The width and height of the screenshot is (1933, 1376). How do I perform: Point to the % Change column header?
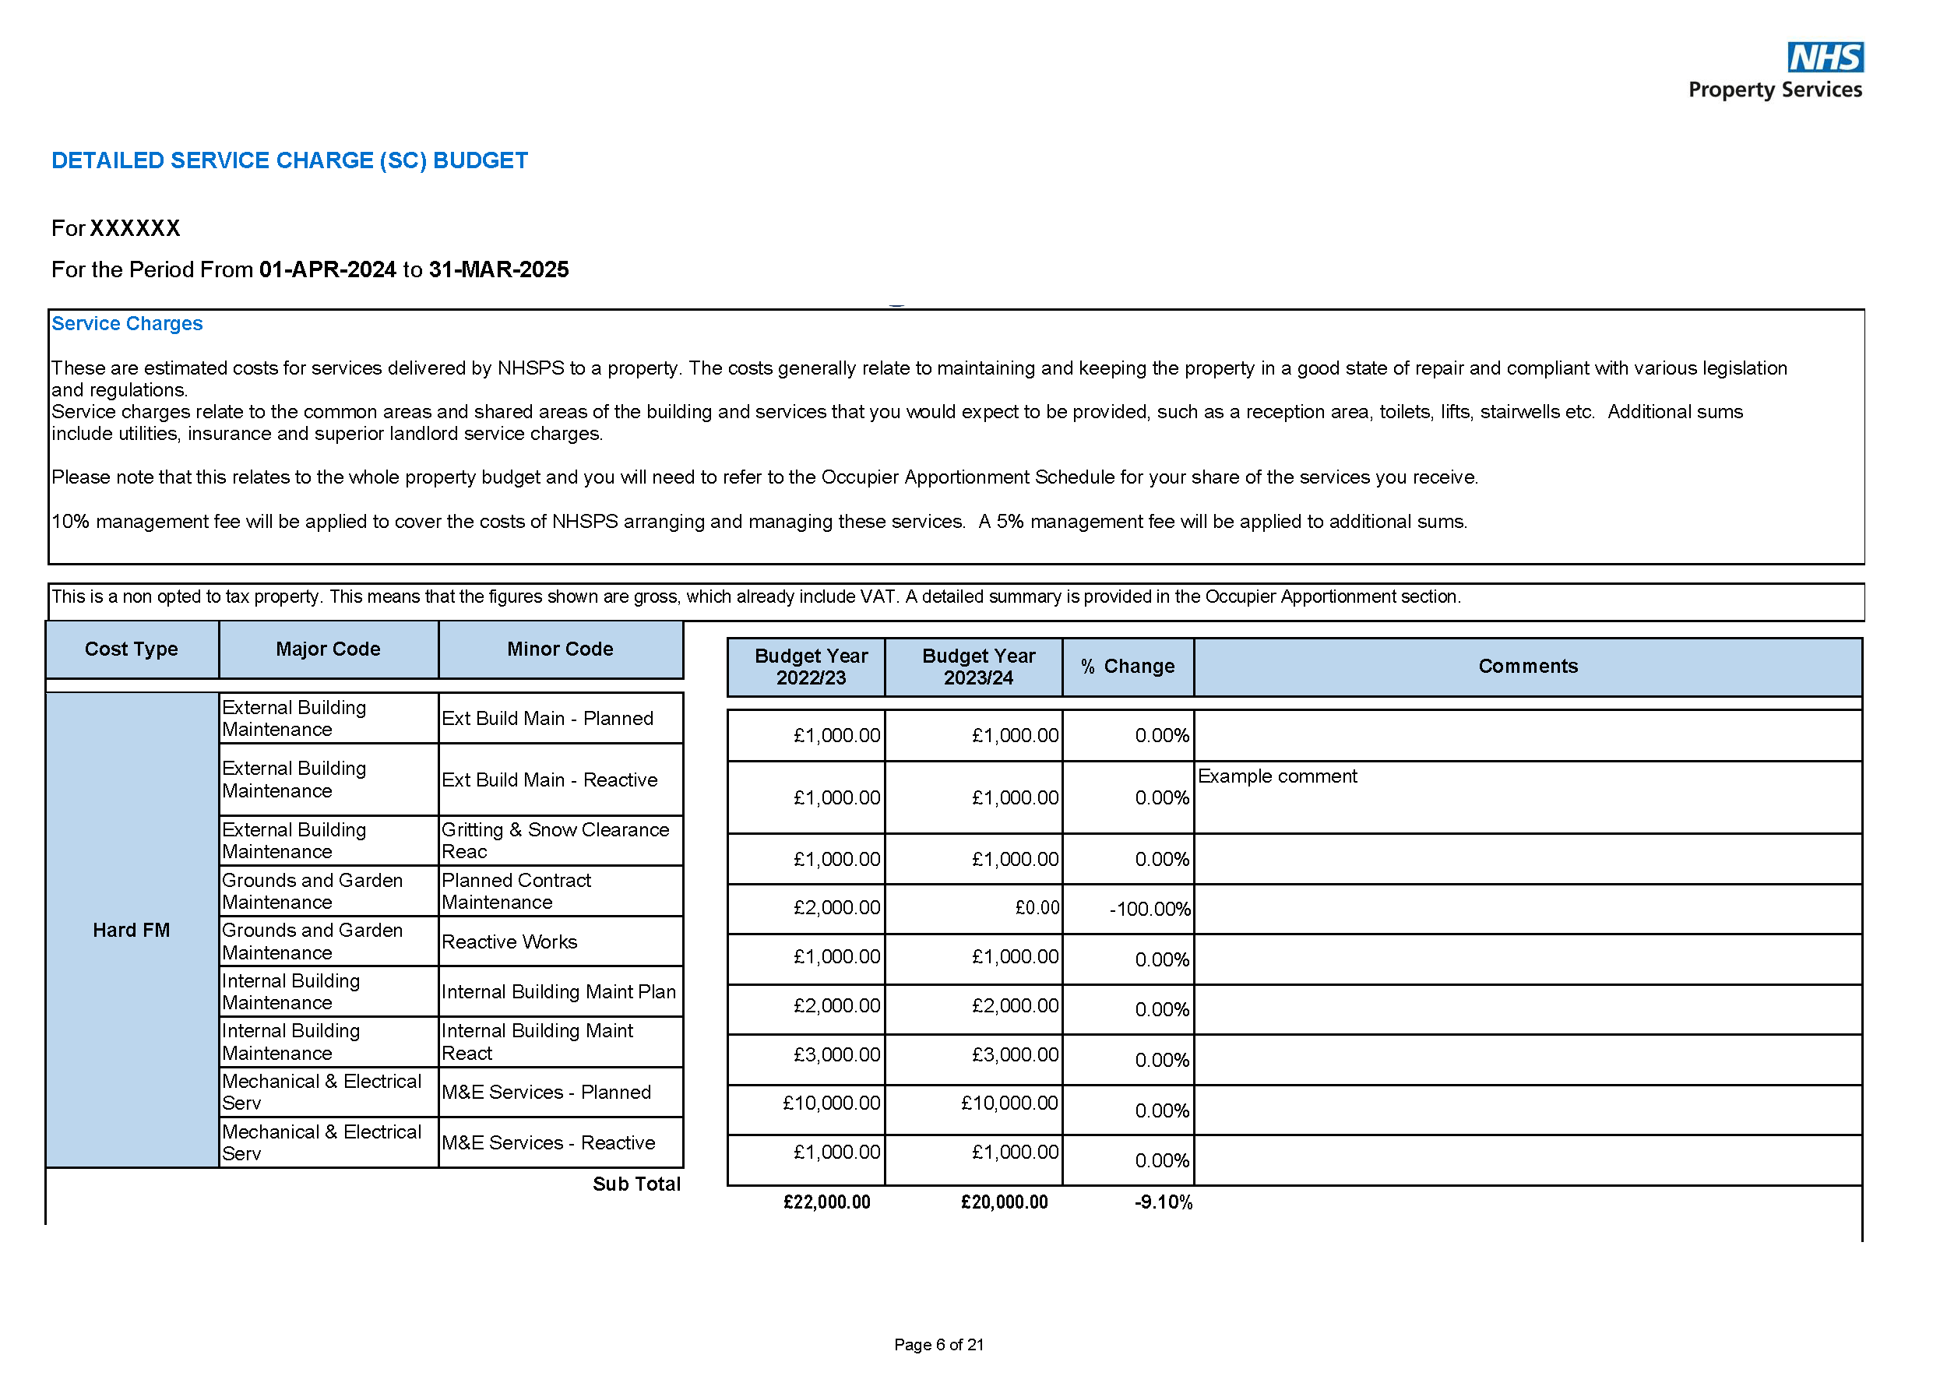pos(1127,667)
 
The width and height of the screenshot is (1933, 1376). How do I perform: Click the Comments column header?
pos(1527,667)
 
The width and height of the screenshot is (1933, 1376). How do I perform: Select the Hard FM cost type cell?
pos(132,931)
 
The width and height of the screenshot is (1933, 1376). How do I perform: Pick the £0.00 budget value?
pos(1037,908)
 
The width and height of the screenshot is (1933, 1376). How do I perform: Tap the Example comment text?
pos(1276,776)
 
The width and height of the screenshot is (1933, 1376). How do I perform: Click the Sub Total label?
pos(636,1184)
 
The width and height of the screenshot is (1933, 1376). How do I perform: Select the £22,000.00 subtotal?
pos(826,1202)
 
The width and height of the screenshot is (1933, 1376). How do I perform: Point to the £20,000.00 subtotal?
pos(1003,1202)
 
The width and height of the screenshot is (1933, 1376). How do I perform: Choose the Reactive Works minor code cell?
pos(509,942)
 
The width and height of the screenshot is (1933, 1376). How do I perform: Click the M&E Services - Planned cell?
pos(546,1093)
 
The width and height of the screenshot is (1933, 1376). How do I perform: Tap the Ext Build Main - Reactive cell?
pos(549,779)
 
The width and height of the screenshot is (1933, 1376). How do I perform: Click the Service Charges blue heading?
pos(127,324)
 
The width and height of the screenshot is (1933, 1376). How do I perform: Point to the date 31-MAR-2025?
pos(498,269)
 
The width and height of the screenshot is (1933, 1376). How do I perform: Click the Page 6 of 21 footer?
pos(938,1345)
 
